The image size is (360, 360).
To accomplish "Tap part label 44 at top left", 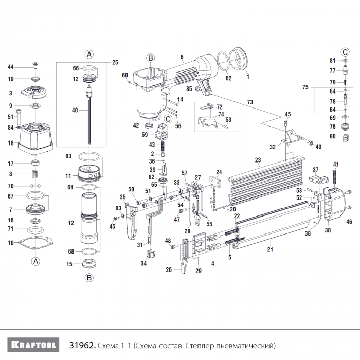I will pyautogui.click(x=11, y=67).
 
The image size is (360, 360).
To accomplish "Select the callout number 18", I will pyautogui.click(x=11, y=143).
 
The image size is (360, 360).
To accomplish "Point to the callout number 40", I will pyautogui.click(x=75, y=110).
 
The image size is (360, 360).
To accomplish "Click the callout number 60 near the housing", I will pyautogui.click(x=125, y=75).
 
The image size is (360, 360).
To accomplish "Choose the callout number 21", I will pyautogui.click(x=271, y=250).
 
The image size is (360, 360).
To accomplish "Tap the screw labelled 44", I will pyautogui.click(x=35, y=65).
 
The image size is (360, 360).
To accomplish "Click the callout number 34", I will pyautogui.click(x=143, y=263).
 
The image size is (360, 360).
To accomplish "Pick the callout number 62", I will pyautogui.click(x=229, y=78).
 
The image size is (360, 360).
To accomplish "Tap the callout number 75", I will pyautogui.click(x=306, y=88).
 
